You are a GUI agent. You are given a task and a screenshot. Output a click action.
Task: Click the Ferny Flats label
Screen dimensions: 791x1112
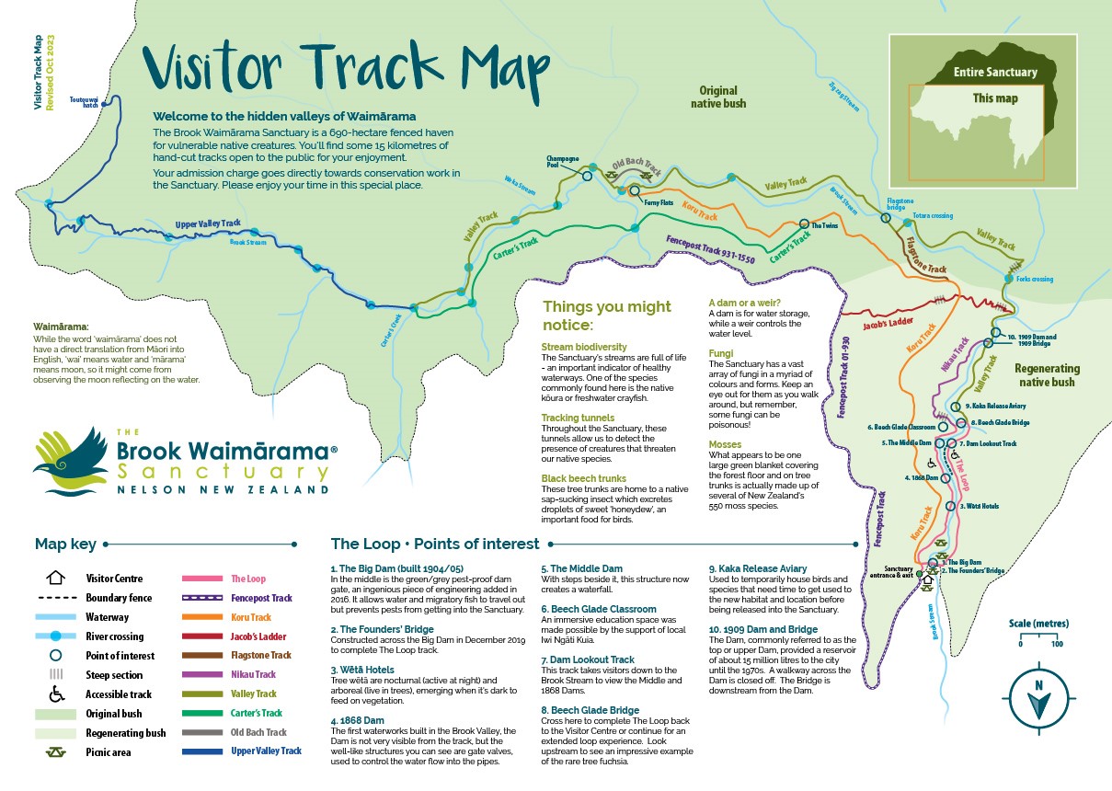[659, 201]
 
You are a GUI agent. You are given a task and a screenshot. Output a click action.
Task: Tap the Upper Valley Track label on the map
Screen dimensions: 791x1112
[208, 224]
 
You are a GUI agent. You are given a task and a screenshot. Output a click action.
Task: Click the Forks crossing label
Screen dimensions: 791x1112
[1035, 279]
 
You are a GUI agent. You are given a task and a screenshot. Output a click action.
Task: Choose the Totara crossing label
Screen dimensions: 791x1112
[933, 216]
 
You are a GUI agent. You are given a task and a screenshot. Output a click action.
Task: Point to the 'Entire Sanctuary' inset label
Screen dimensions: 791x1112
[994, 72]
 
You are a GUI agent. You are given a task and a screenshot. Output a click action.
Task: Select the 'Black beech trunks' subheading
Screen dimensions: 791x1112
[584, 478]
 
